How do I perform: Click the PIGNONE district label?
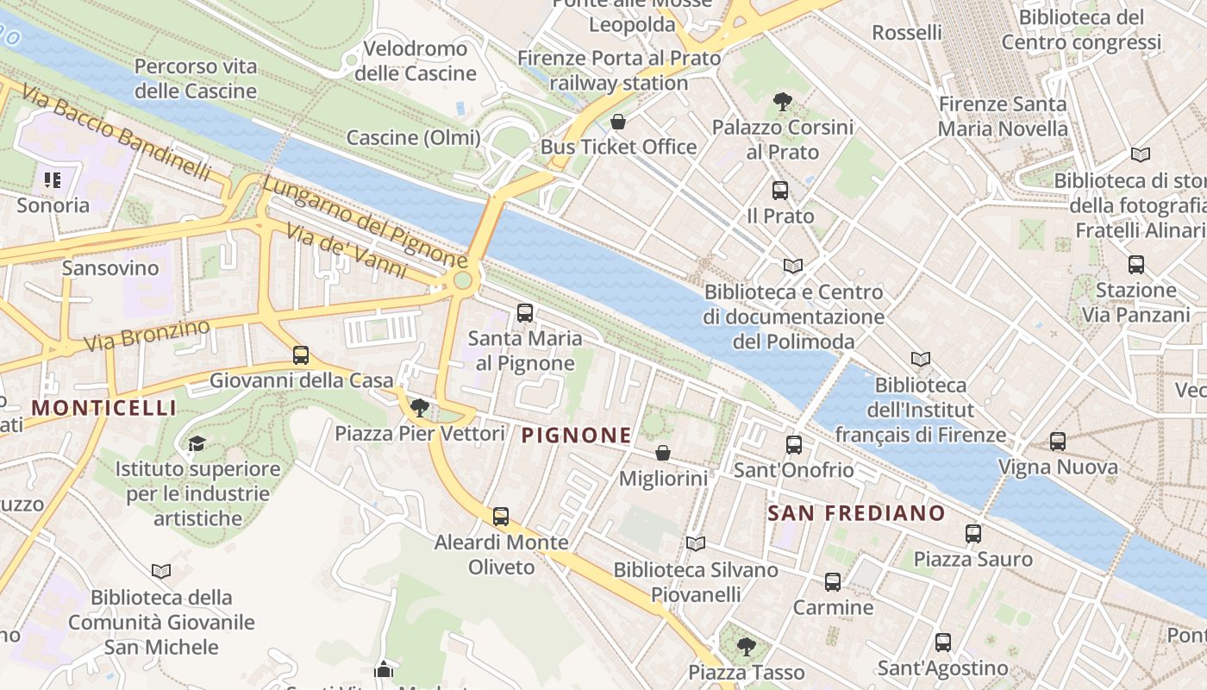tap(577, 436)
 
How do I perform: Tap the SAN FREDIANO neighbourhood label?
tap(856, 513)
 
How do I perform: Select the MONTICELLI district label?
tap(104, 408)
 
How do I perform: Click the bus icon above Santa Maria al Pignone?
tap(525, 313)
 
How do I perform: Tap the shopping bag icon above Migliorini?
tap(663, 453)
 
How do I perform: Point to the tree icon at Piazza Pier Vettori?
tap(420, 407)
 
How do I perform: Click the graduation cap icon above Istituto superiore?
tap(197, 444)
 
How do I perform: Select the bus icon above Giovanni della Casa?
tap(301, 354)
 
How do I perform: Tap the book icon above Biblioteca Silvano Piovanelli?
tap(696, 543)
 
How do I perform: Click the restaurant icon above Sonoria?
tap(53, 180)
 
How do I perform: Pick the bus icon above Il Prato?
tap(780, 191)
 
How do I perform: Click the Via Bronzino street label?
tap(147, 336)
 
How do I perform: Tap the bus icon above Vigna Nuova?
tap(1058, 442)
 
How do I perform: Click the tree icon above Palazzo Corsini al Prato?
tap(783, 102)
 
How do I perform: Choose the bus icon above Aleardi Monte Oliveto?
tap(501, 517)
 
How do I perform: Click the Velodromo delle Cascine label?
tap(416, 61)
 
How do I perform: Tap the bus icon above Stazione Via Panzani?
tap(1136, 265)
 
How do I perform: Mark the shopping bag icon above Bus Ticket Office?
tap(617, 122)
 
